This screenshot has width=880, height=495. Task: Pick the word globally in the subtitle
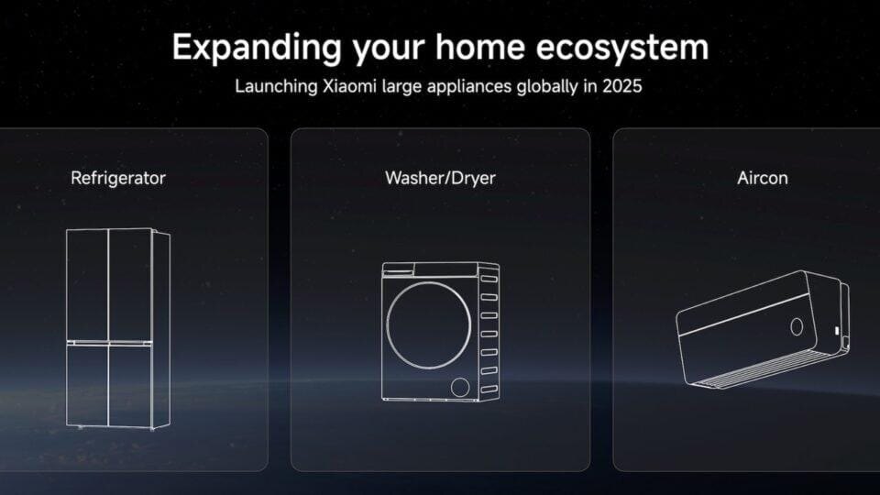(540, 88)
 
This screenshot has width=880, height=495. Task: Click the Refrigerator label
(118, 178)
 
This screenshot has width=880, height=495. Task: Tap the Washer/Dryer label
(440, 178)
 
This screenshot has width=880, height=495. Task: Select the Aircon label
(762, 178)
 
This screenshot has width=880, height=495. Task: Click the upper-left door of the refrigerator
(87, 284)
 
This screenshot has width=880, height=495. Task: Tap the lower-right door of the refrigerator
(130, 385)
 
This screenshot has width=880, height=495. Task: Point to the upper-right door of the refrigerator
(130, 284)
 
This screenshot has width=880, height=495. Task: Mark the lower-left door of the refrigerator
(87, 385)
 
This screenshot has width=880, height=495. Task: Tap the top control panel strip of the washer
(431, 270)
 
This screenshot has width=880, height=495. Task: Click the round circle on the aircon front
(797, 326)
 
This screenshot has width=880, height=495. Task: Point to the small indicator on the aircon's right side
(836, 330)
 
